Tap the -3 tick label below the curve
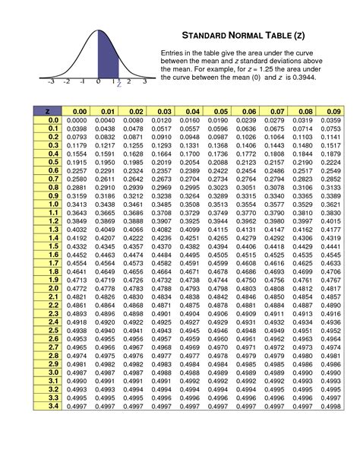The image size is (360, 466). (51, 81)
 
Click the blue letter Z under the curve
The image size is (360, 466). (118, 85)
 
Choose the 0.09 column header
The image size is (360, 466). (330, 112)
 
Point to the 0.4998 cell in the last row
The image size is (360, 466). (330, 407)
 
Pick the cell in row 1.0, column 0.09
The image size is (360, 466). (330, 204)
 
